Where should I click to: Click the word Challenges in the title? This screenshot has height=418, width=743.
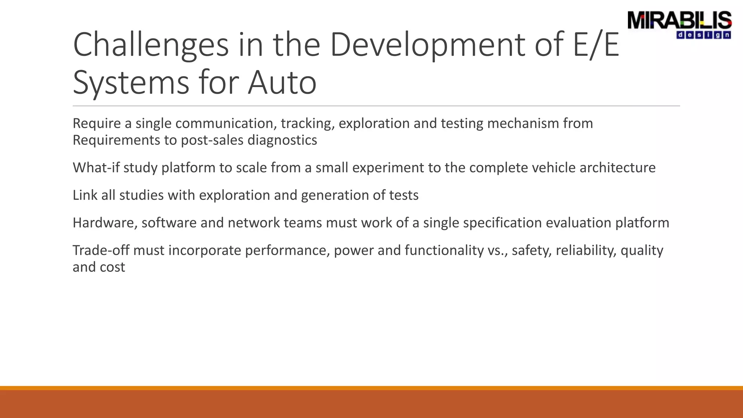151,45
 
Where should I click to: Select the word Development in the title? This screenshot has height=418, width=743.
427,45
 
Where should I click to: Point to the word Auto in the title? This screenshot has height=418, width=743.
282,83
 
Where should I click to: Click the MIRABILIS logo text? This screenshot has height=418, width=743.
679,20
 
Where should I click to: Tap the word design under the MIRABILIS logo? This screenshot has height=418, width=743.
703,35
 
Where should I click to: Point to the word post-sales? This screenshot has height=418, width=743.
212,140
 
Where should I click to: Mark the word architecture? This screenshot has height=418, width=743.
617,168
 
